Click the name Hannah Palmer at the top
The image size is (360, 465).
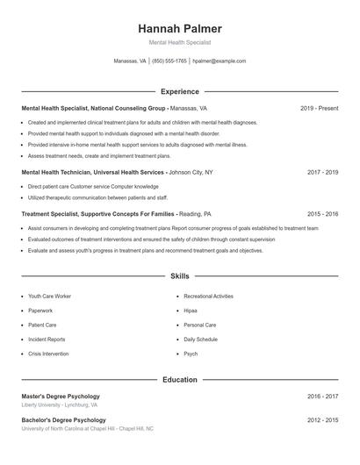(x=179, y=28)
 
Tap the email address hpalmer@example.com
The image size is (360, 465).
(x=219, y=61)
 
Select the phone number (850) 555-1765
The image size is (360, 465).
(x=169, y=61)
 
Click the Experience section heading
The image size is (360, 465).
(x=179, y=91)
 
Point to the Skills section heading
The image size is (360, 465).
(x=179, y=276)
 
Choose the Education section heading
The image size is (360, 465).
(x=179, y=380)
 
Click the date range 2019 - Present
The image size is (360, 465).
(x=319, y=109)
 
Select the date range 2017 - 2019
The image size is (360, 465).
(x=322, y=173)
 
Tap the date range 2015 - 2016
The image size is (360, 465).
(x=322, y=214)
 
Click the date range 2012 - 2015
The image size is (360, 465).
(x=322, y=420)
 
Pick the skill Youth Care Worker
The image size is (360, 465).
(x=49, y=297)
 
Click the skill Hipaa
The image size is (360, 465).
(x=191, y=311)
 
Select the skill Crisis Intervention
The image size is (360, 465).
(x=49, y=354)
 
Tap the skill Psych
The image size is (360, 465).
(x=191, y=354)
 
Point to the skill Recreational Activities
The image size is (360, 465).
(x=208, y=297)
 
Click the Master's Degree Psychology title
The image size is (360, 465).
(x=61, y=397)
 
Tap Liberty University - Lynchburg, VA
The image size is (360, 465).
(x=60, y=405)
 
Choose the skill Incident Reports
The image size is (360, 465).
(x=47, y=340)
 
